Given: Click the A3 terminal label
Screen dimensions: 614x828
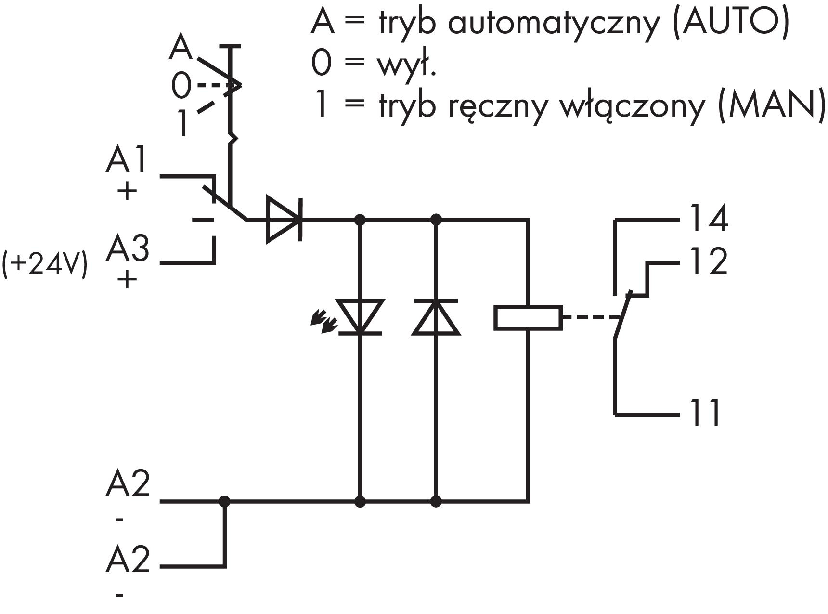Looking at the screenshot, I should click(x=128, y=248).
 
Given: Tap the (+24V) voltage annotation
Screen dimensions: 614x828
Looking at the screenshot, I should click(x=45, y=264).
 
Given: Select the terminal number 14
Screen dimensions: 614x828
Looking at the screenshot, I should click(x=709, y=218).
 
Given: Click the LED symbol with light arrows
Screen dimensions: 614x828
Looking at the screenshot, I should click(x=359, y=316).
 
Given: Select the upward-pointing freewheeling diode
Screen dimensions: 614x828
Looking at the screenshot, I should click(x=436, y=316).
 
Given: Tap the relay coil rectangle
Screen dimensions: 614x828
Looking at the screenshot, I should click(x=528, y=318).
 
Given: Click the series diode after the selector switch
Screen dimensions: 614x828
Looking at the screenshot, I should click(x=285, y=220).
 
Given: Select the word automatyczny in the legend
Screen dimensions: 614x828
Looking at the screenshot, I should click(x=553, y=23).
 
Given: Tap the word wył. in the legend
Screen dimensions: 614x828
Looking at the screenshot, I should click(x=406, y=65).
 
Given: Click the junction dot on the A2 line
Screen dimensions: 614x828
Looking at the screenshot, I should click(x=224, y=501).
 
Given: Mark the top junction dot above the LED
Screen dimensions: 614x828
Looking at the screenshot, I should click(x=360, y=220).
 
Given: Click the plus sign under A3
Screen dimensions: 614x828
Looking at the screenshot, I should click(x=127, y=279).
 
